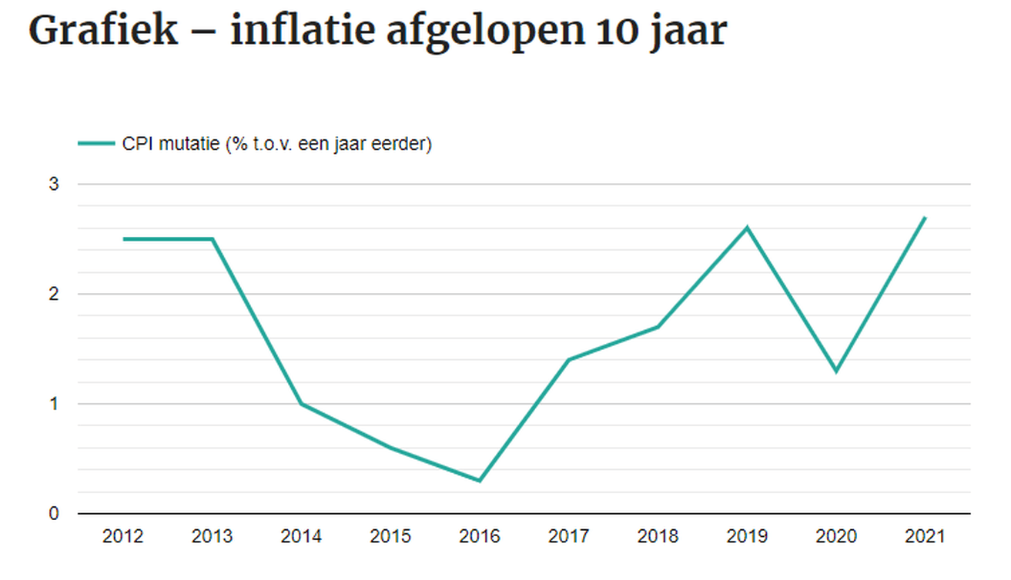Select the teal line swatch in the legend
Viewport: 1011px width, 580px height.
(96, 144)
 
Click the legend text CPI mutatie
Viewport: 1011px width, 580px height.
(170, 144)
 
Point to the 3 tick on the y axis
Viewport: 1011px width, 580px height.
(55, 185)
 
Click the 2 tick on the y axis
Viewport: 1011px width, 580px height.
(55, 294)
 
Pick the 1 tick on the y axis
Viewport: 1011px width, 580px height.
(55, 404)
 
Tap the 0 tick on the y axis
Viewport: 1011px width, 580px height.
(55, 513)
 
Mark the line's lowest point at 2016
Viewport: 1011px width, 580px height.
(480, 481)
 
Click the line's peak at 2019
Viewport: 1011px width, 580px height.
(747, 228)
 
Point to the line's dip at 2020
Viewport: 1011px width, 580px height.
(835, 372)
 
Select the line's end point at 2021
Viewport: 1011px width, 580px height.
(925, 218)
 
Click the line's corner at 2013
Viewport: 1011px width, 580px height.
(213, 239)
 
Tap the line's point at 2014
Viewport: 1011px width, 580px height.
(301, 404)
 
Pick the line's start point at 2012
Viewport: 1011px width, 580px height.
(123, 239)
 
